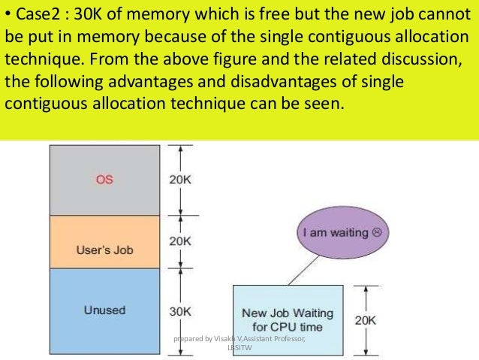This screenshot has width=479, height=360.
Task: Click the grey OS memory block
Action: pos(104,180)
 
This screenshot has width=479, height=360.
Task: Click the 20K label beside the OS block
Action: pos(181,180)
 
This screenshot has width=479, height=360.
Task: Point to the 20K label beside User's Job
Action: pos(181,241)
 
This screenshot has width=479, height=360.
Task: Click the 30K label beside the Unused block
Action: pos(181,310)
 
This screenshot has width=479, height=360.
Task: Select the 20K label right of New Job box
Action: pos(366,320)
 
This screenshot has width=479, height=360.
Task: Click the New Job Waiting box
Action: pos(287,319)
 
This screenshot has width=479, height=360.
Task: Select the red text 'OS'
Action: pos(104,180)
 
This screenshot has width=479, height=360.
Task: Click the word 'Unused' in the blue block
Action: pos(104,310)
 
